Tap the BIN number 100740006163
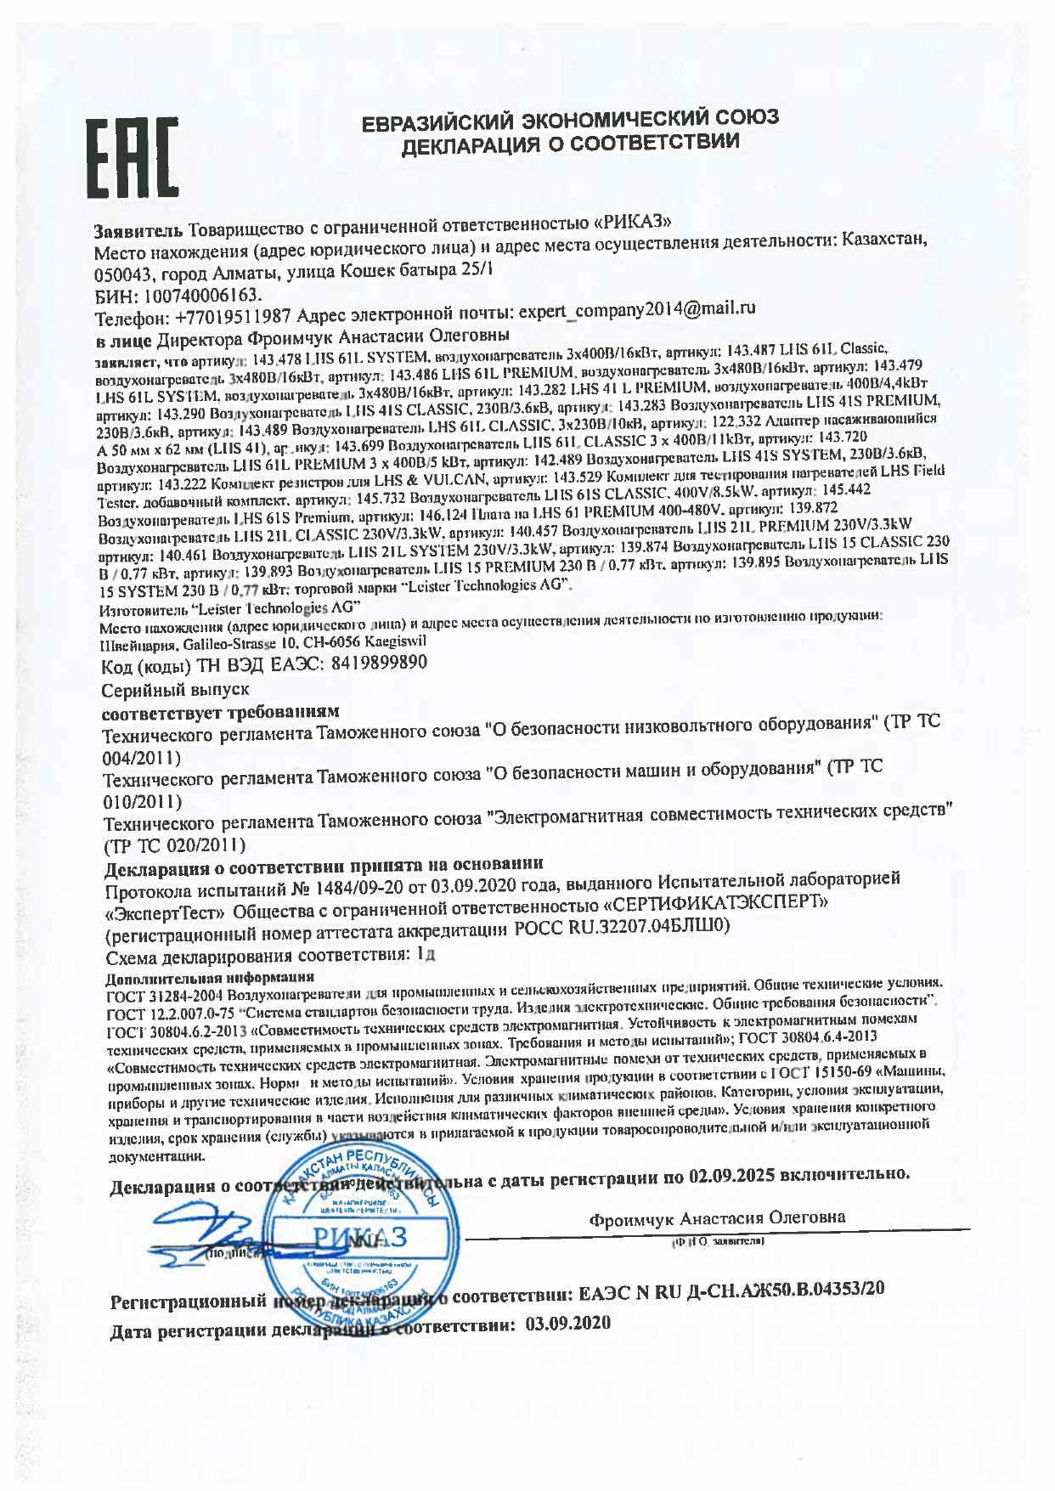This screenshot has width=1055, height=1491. [x=204, y=295]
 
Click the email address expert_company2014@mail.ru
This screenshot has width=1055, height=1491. [x=636, y=308]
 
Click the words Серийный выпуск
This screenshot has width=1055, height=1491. [x=175, y=689]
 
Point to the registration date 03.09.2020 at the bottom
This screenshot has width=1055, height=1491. [x=568, y=1324]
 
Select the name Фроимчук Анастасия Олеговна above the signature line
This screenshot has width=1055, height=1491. [x=717, y=1217]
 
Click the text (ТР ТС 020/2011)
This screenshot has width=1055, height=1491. [x=174, y=845]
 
